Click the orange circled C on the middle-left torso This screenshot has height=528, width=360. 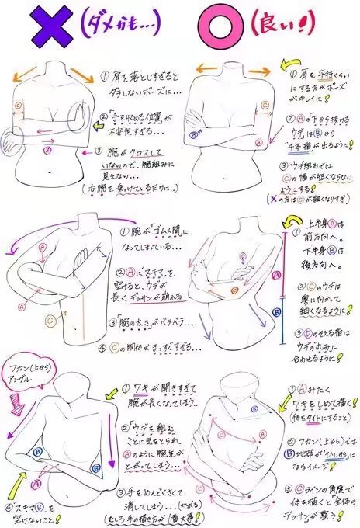click(50, 318)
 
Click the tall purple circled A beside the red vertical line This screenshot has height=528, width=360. click(277, 273)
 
